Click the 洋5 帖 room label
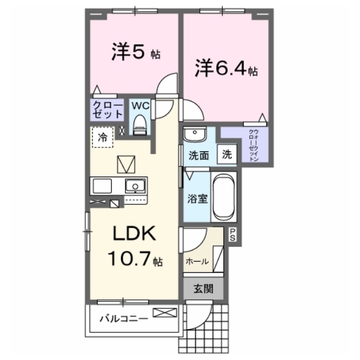[x=136, y=52]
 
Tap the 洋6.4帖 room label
[x=226, y=68]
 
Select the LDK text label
[x=134, y=233]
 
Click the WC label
[x=140, y=106]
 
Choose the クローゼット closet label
[x=107, y=110]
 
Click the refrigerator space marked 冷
[x=102, y=137]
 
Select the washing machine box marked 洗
[x=227, y=154]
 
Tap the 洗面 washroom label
[x=199, y=156]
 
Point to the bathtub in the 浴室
[x=224, y=197]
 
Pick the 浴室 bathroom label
[x=197, y=199]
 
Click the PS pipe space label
[x=232, y=235]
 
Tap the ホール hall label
[x=197, y=261]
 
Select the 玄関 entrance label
[x=204, y=289]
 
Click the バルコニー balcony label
[x=124, y=319]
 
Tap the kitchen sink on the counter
[x=135, y=186]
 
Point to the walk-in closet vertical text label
[x=254, y=145]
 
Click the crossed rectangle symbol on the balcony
[x=165, y=313]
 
